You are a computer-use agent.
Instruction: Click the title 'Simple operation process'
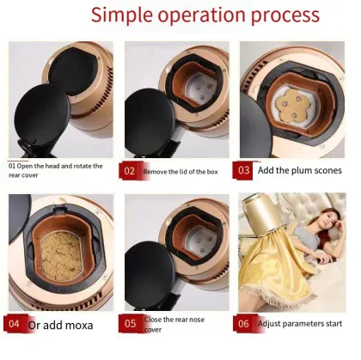[x=205, y=15]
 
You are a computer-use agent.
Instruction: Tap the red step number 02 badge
[x=130, y=170]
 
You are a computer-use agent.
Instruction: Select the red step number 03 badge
[x=244, y=169]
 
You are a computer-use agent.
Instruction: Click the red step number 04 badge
[x=15, y=324]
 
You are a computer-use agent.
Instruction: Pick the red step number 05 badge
[x=130, y=324]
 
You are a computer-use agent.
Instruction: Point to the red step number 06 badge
[x=244, y=324]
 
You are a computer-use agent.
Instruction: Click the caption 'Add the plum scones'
[x=300, y=170]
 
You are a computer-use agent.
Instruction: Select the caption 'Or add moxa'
[x=61, y=325]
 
